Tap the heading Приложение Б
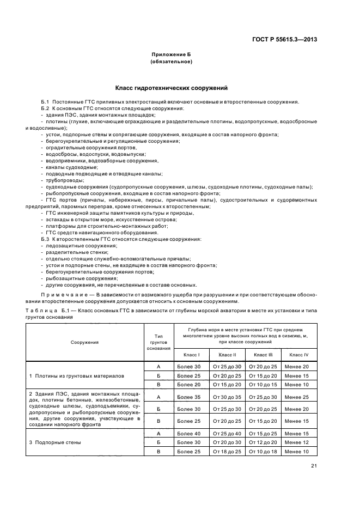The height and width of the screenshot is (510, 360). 172,55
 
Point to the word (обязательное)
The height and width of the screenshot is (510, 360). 172,62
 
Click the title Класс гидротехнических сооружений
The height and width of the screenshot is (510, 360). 172,88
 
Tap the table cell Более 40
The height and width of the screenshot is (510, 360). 189,433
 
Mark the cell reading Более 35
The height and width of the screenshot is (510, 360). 189,397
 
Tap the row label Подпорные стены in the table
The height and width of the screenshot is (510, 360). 55,442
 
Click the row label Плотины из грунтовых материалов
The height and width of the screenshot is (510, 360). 77,376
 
